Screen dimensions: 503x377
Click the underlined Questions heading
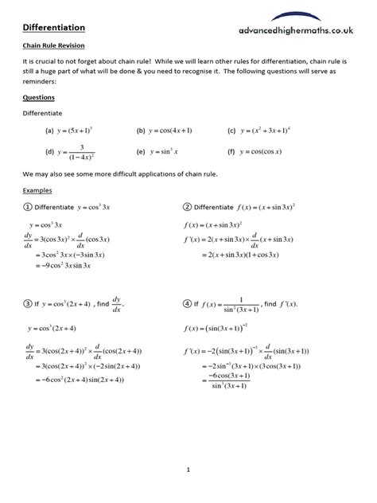pyautogui.click(x=38, y=99)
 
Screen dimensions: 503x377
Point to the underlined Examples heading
pyautogui.click(x=37, y=191)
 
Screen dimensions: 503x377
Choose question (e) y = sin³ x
pyautogui.click(x=163, y=150)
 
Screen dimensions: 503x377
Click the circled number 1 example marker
pyautogui.click(x=28, y=208)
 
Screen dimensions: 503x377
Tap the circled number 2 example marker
pyautogui.click(x=187, y=208)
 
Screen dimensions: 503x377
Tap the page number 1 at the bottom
pyautogui.click(x=188, y=469)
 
